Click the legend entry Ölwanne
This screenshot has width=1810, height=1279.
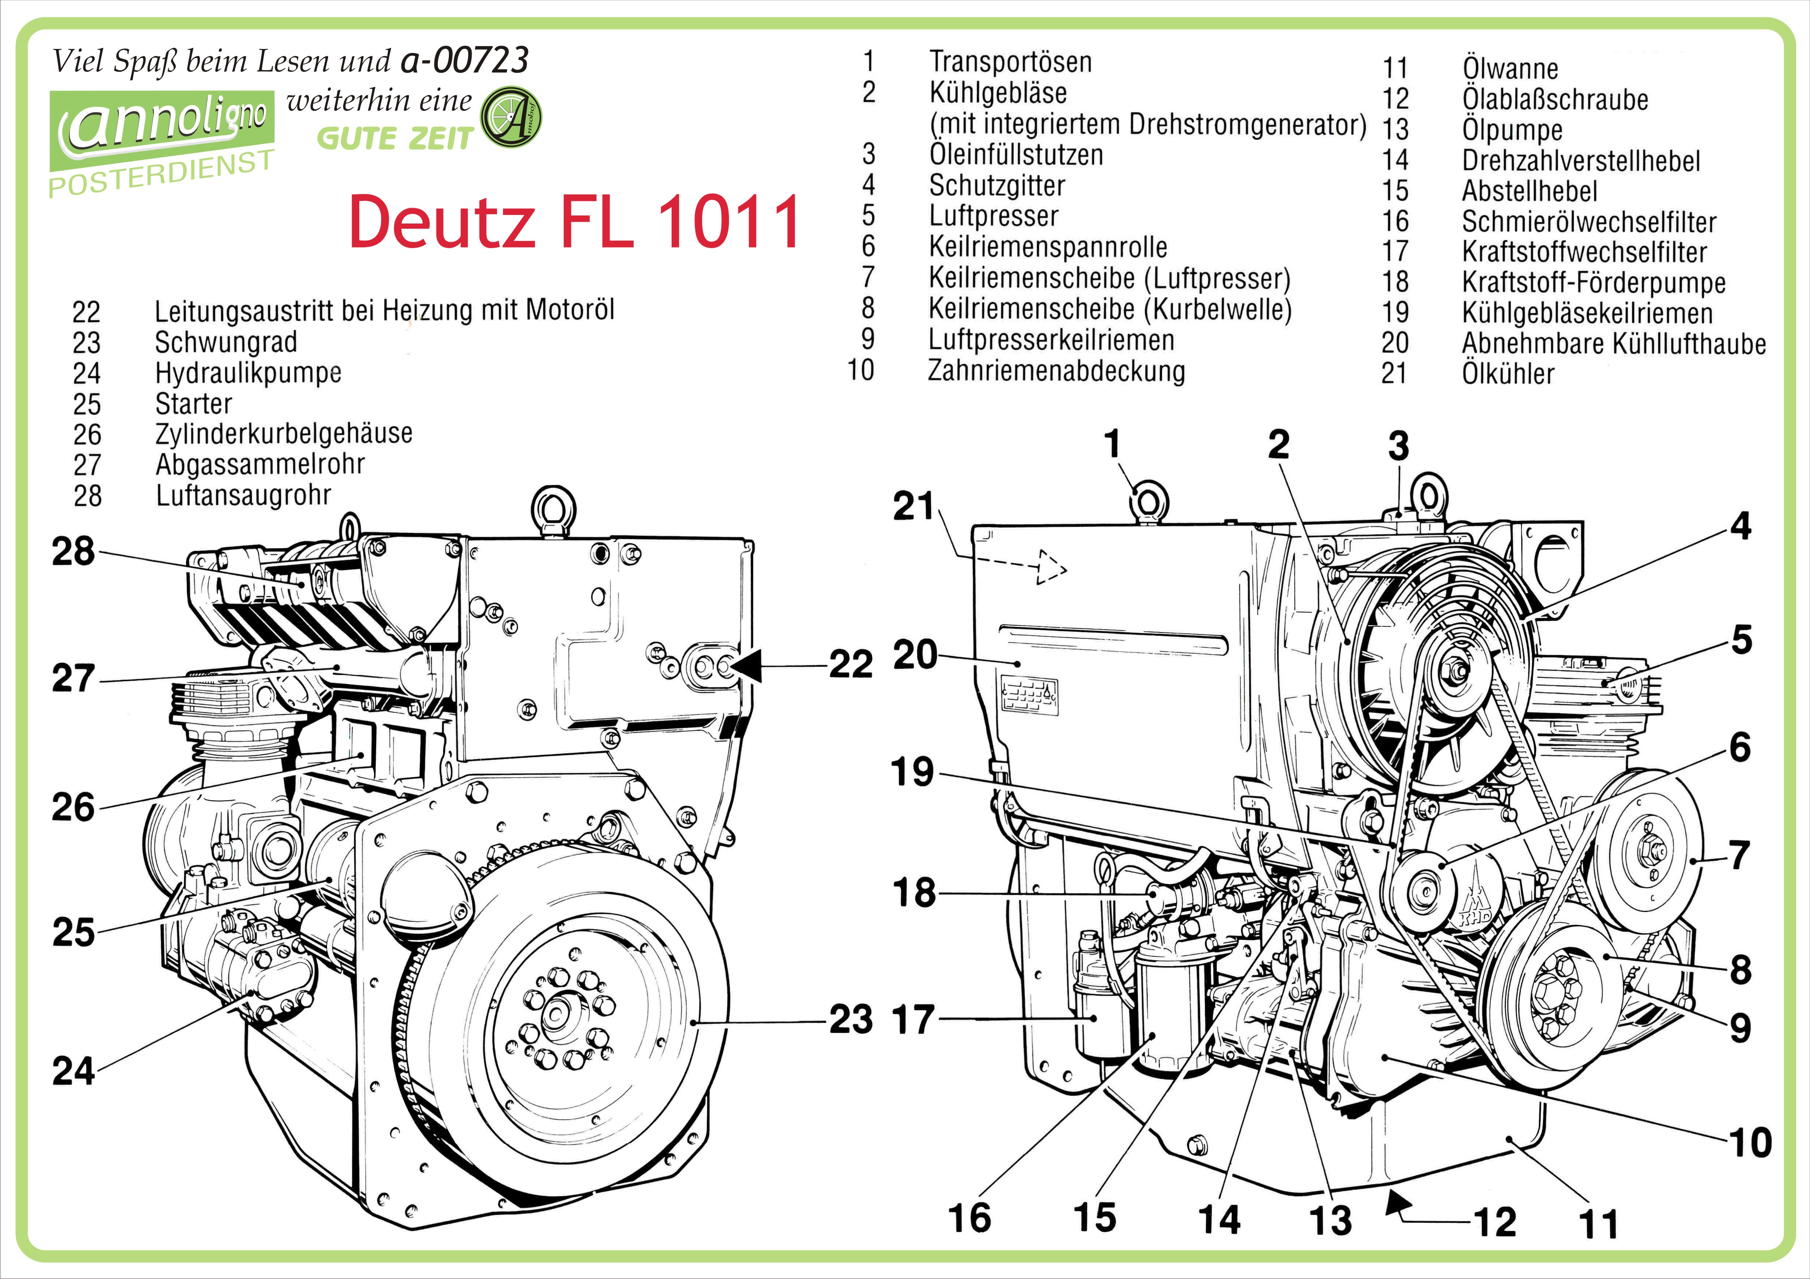[x=1510, y=68]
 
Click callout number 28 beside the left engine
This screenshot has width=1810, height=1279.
[x=73, y=552]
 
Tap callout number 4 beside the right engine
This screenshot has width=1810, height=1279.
[x=1741, y=526]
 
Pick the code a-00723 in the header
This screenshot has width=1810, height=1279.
[x=465, y=60]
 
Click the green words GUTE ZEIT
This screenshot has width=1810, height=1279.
[x=394, y=139]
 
